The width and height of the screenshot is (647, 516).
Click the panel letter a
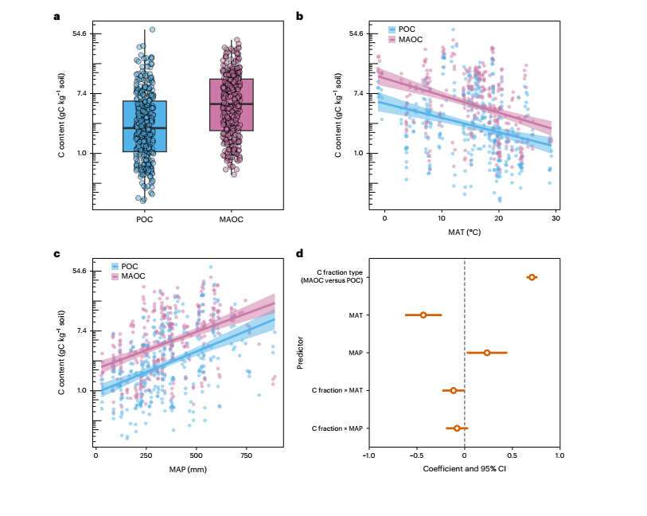click(x=57, y=16)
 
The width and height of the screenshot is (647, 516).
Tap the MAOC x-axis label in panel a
click(x=232, y=220)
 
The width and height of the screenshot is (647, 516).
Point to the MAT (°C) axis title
click(x=464, y=232)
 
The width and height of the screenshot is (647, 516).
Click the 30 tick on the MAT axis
click(x=555, y=218)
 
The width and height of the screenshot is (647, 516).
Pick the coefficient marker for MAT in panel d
click(x=423, y=315)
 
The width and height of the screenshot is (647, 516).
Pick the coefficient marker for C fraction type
click(x=532, y=277)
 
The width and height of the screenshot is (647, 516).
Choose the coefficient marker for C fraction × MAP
click(x=457, y=428)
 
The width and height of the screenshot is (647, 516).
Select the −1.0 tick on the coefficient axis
click(x=367, y=455)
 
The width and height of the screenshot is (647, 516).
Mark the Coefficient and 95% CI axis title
click(x=464, y=468)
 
